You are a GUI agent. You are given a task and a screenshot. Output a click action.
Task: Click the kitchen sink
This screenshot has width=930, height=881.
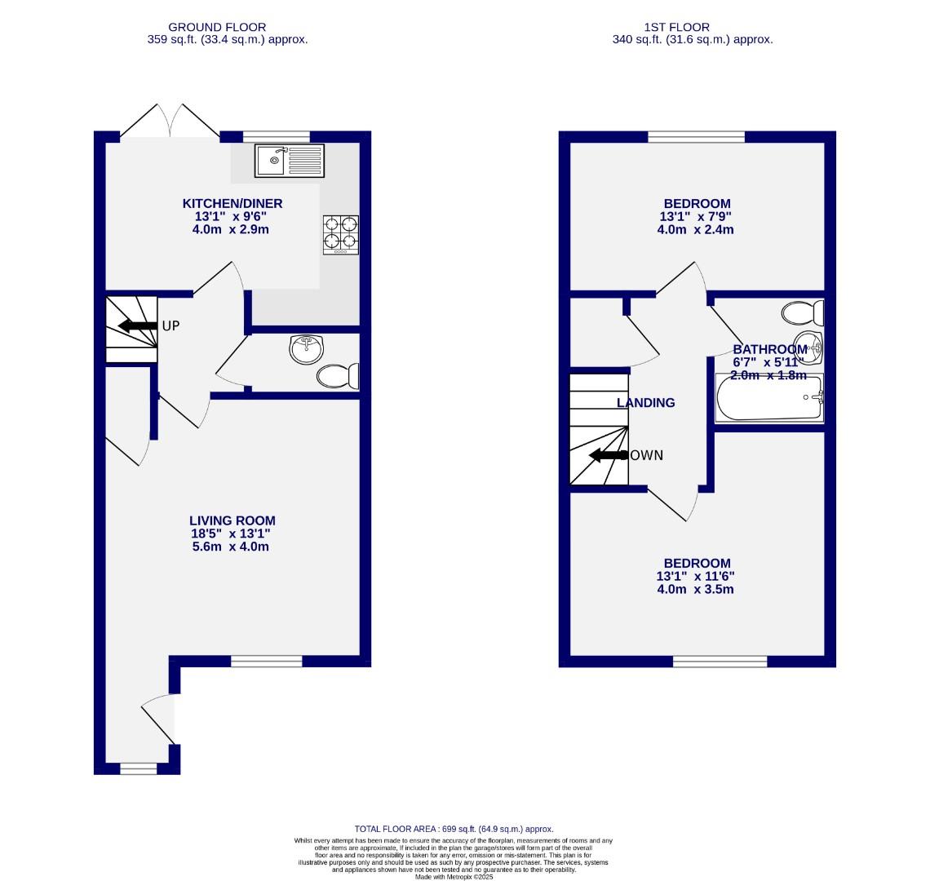tap(289, 161)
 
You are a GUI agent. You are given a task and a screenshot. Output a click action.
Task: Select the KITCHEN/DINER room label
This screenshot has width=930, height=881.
tap(232, 203)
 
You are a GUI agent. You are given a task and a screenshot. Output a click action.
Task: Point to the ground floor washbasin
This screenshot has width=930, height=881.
tap(306, 349)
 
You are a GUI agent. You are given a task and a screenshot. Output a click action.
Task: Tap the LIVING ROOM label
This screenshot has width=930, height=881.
tap(232, 520)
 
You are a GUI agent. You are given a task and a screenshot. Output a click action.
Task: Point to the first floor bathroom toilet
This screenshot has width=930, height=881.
tap(803, 312)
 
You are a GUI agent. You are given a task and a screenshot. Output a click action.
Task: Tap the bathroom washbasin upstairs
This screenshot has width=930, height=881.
tap(808, 347)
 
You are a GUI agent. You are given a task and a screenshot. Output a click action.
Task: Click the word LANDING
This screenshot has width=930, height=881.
tap(645, 403)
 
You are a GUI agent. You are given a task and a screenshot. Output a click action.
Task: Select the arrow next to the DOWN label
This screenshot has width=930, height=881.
tap(607, 455)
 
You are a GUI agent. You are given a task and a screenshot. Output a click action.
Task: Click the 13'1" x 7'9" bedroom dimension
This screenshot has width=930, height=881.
tap(697, 217)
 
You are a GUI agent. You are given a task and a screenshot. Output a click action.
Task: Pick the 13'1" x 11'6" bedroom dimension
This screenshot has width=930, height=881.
tap(697, 576)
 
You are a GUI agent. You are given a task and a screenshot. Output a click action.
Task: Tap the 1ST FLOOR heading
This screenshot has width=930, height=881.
tap(692, 27)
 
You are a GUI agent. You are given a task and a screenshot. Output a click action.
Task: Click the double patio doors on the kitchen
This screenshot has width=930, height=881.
tap(170, 122)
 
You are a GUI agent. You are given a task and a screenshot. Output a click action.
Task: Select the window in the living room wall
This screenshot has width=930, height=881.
tap(267, 662)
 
